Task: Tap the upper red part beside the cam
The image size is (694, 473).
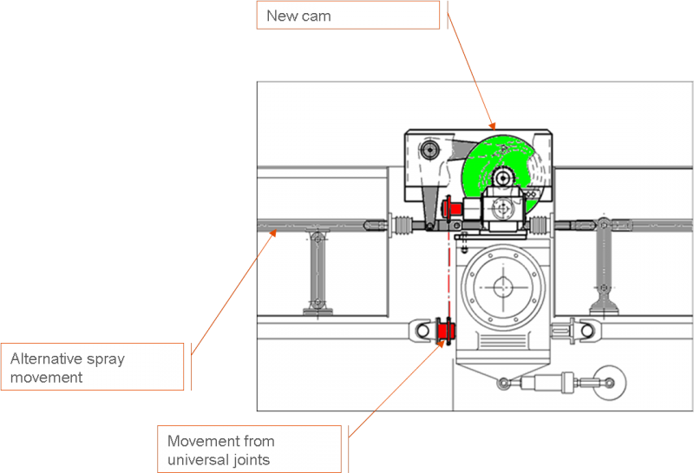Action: (451, 208)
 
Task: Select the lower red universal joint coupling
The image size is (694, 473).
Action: (448, 330)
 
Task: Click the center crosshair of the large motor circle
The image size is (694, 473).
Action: (501, 286)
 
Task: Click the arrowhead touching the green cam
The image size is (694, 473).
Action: (493, 128)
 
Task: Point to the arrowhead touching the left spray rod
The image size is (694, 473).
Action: (272, 232)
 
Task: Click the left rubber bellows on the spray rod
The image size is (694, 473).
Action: (404, 227)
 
